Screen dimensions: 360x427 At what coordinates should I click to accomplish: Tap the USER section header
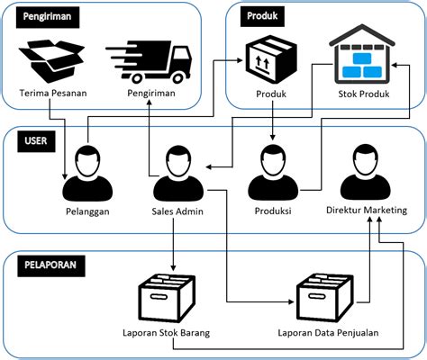(35, 140)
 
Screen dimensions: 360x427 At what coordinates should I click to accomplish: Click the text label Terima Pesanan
(54, 93)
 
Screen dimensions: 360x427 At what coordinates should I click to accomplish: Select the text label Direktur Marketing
(366, 211)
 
